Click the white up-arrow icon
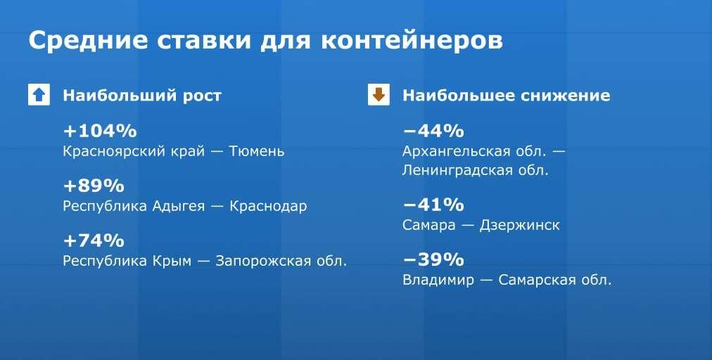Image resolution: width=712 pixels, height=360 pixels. point(39,95)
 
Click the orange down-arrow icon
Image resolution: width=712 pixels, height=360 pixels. point(379,95)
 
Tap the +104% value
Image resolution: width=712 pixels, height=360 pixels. point(99,131)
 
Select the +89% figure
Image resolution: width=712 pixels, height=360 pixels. point(94,186)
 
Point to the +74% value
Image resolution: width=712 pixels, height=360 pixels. point(94,241)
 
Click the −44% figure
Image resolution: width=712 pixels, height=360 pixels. point(433,131)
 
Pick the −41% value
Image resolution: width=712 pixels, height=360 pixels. point(433,205)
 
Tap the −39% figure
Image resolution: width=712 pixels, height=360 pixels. point(433,260)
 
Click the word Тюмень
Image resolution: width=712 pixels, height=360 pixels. point(257,151)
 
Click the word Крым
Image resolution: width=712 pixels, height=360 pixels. point(172,261)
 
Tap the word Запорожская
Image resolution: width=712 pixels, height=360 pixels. point(264,261)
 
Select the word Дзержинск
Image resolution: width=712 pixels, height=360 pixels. point(519,225)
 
